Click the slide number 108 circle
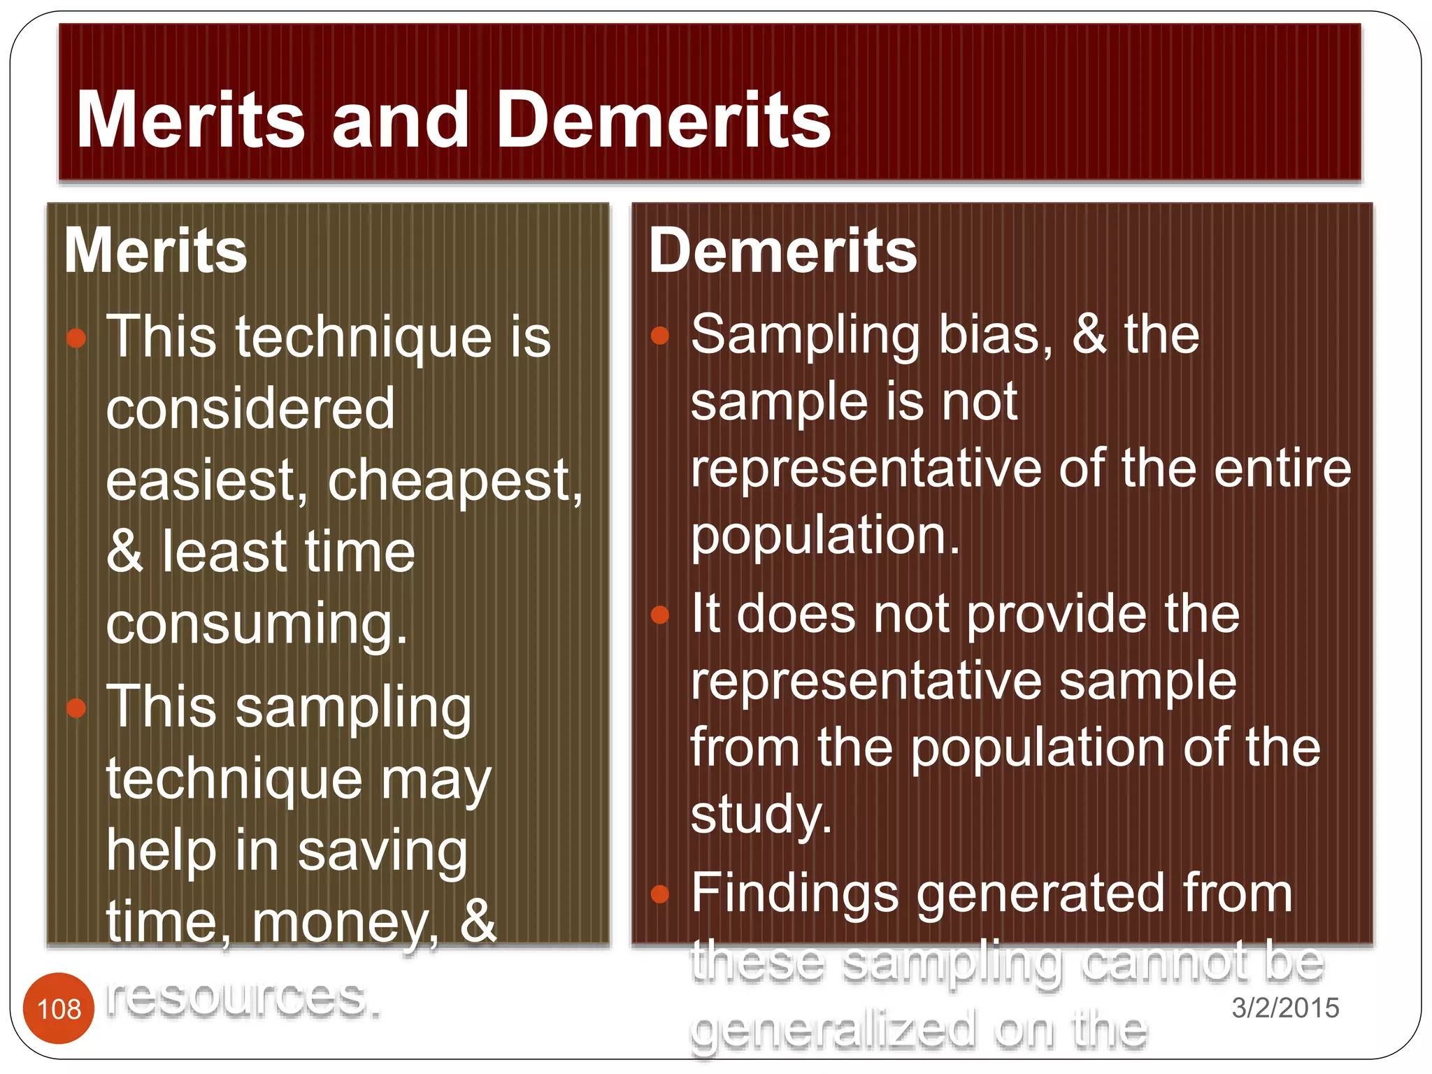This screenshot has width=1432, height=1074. [59, 1008]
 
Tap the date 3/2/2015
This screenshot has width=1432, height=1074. [1285, 1008]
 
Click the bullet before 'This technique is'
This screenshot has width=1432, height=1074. [76, 338]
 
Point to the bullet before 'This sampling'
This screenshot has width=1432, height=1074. [76, 708]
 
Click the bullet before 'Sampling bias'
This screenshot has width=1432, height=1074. [660, 336]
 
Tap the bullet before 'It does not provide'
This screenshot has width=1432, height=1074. [660, 615]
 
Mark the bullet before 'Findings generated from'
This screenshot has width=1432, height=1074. [660, 894]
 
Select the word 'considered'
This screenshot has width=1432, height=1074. [250, 409]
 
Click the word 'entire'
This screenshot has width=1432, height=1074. [1282, 468]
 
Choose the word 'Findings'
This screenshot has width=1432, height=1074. [794, 893]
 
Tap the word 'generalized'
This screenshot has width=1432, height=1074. [832, 1029]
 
